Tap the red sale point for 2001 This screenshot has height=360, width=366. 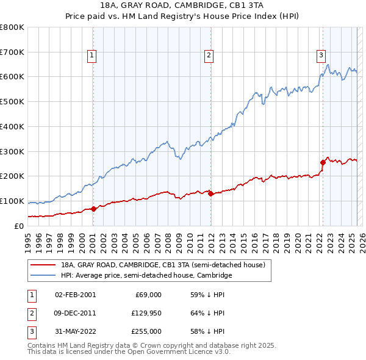93,209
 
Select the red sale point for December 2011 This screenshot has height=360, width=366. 210,193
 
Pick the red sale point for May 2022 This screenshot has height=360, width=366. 323,162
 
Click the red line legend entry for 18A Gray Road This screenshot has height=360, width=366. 162,265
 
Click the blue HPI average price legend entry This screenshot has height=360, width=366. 146,276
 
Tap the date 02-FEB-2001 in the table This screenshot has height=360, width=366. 75,295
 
